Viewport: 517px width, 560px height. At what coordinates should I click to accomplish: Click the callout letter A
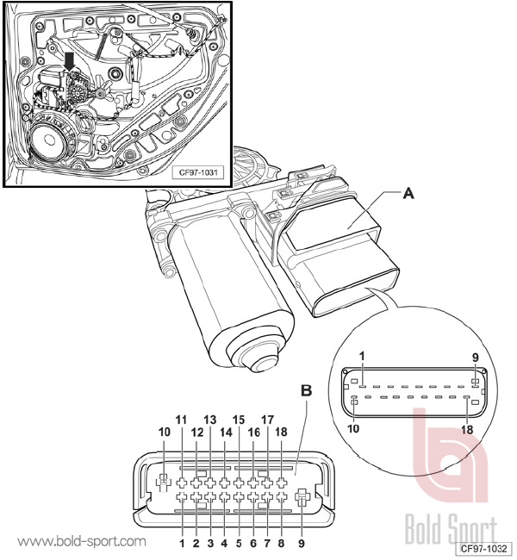[x=408, y=194]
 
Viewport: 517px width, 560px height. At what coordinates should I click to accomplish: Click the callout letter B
[x=306, y=391]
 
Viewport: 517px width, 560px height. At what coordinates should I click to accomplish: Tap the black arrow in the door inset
[x=70, y=61]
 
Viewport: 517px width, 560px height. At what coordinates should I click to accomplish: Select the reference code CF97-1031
[x=198, y=172]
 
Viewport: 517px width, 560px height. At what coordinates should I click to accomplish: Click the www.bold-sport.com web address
[x=82, y=541]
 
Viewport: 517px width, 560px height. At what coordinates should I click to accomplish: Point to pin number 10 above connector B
[x=165, y=432]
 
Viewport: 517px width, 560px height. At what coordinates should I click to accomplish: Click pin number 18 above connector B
[x=281, y=432]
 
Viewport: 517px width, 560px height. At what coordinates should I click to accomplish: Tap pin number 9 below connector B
[x=302, y=544]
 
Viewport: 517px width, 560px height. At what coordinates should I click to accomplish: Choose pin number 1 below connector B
[x=182, y=544]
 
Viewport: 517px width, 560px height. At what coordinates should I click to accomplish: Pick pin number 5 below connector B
[x=239, y=544]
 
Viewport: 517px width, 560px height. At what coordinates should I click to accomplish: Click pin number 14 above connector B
[x=226, y=432]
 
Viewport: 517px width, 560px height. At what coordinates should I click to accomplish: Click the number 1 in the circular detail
[x=362, y=356]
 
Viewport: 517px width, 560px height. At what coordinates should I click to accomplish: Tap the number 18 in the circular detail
[x=467, y=430]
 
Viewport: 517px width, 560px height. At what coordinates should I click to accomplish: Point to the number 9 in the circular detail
[x=475, y=358]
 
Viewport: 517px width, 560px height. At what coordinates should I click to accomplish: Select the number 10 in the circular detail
[x=353, y=428]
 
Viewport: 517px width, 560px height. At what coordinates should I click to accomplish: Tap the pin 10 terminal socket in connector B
[x=163, y=482]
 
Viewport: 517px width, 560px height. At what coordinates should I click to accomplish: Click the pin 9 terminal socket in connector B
[x=302, y=497]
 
